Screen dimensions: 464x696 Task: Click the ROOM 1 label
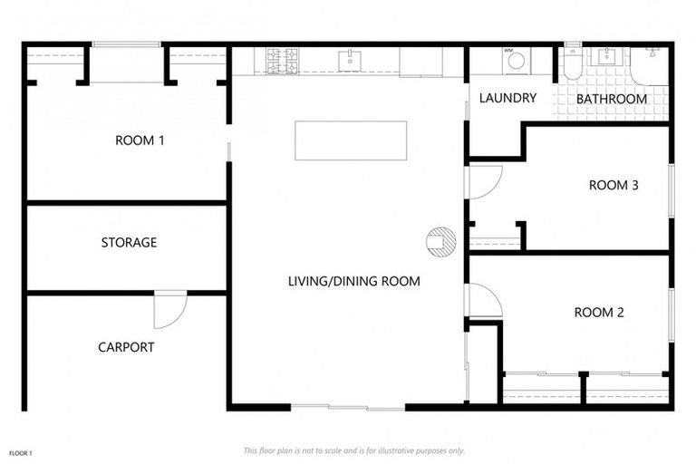coord(140,140)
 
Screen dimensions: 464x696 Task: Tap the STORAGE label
coord(129,242)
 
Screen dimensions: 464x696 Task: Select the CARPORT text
coord(126,346)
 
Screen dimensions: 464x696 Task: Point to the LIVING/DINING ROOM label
coord(354,281)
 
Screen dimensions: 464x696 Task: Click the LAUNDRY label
coord(507,98)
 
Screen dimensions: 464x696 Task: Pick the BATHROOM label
coord(612,99)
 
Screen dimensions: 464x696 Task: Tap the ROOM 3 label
coord(614,185)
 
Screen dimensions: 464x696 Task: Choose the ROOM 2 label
coord(599,313)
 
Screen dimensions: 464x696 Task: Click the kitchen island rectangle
coord(350,140)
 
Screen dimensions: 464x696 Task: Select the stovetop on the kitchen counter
coord(282,61)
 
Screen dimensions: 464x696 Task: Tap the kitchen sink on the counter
coord(350,61)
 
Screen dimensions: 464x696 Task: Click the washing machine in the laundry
coord(516,61)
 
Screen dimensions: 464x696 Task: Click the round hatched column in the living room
coord(440,241)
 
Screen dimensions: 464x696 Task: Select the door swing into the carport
coord(169,310)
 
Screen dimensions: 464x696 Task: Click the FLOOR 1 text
coord(21,451)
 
